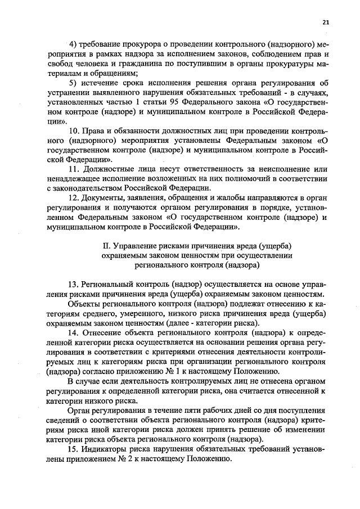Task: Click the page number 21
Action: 326,22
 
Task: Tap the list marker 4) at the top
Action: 71,44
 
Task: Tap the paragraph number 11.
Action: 73,170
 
